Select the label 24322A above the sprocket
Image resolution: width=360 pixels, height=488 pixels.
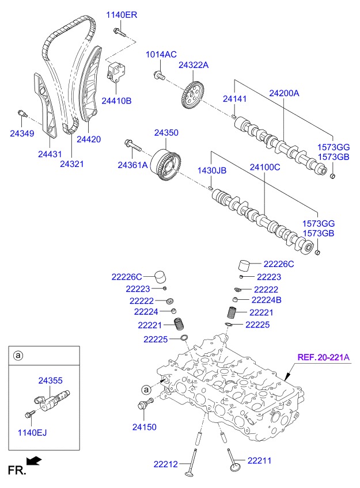click(194, 66)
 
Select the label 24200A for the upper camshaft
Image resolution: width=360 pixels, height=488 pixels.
click(285, 92)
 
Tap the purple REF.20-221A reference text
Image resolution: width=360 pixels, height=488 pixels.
click(323, 357)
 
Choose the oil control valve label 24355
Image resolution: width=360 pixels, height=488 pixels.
click(50, 380)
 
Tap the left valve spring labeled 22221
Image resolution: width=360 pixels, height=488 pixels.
click(179, 325)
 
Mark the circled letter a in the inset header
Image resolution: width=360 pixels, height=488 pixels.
click(18, 356)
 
